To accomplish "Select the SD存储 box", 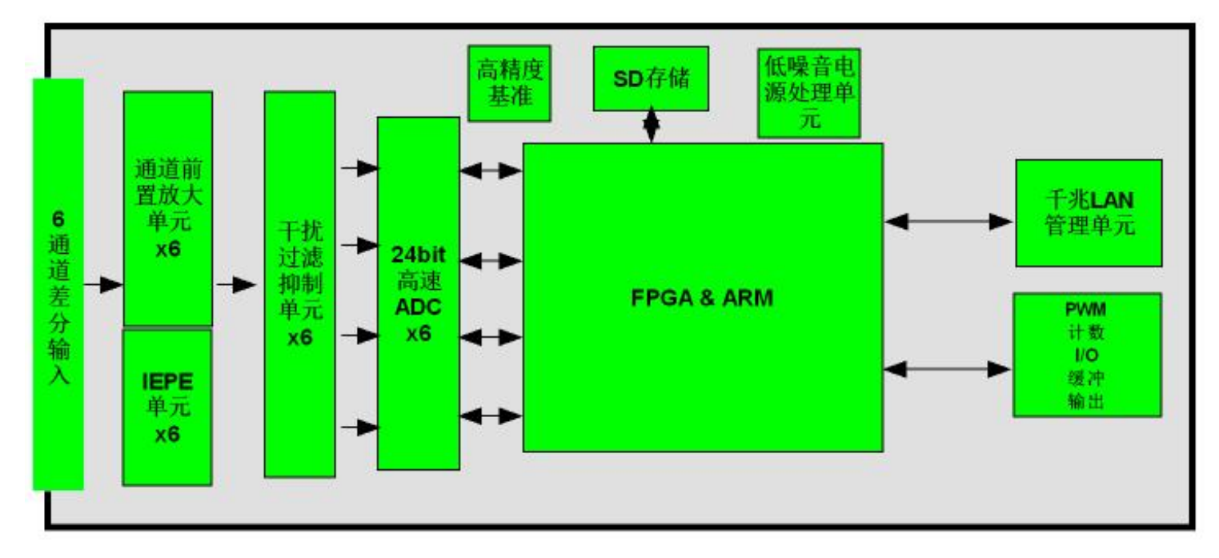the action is [650, 78].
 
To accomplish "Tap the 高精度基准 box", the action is [508, 82].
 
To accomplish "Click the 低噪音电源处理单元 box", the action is [808, 94].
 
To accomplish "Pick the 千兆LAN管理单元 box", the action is [1088, 213].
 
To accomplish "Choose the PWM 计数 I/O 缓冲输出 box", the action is [1086, 355].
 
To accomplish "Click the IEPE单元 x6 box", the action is [166, 407].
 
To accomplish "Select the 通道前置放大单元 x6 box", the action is [167, 208].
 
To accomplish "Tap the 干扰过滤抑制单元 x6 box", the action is [299, 284].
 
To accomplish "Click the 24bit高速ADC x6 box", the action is [418, 293].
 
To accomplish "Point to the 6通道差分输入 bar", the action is [58, 284].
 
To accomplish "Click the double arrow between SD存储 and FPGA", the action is [651, 126].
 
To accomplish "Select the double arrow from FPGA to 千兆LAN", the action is [948, 221].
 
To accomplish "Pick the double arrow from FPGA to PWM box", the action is [948, 369].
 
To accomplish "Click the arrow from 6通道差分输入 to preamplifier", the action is [103, 284].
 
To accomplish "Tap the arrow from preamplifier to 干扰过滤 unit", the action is [236, 284].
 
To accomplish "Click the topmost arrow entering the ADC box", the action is [359, 168].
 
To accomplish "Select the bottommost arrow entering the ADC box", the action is [359, 428].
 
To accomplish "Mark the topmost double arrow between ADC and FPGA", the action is [491, 170].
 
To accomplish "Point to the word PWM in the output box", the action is [1086, 308].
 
